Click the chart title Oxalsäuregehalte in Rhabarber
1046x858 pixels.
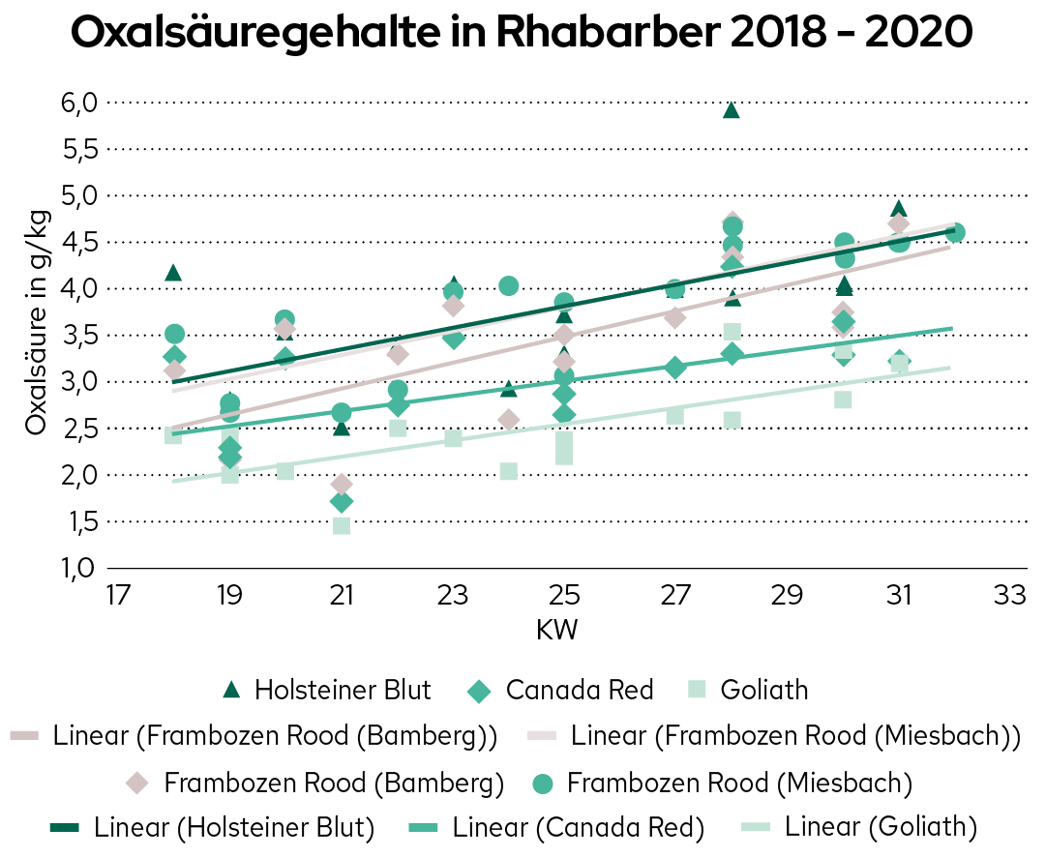pos(522,35)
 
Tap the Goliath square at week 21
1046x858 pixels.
pos(341,525)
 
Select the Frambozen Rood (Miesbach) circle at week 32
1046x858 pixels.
pos(955,232)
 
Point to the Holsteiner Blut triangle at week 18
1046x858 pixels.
pos(174,273)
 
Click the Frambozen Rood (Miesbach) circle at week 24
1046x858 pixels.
pos(509,285)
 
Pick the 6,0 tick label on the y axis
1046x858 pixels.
pos(80,103)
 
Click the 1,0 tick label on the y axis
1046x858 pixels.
pos(80,568)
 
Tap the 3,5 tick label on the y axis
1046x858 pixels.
pos(80,335)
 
